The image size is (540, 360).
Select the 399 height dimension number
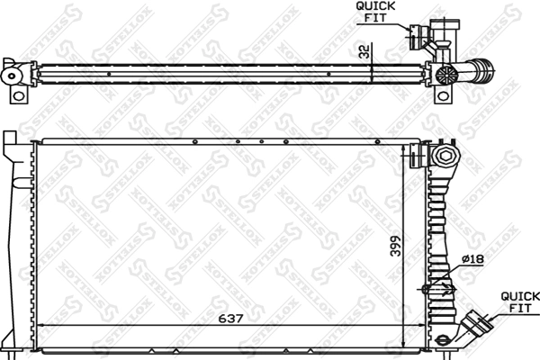395,245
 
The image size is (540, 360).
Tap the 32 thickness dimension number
364,52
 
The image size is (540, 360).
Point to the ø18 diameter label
472,259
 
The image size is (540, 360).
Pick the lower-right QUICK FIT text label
519,301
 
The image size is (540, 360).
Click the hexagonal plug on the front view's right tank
445,157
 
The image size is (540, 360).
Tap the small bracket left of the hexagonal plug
418,155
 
